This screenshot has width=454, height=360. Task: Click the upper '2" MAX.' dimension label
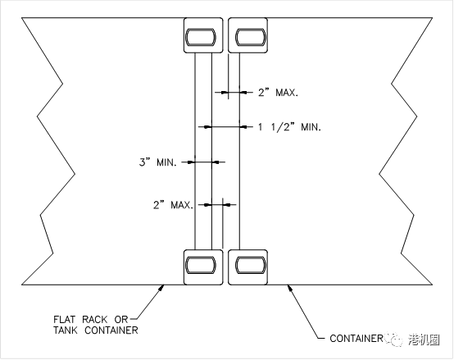(278, 93)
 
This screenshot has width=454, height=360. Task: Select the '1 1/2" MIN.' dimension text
(289, 127)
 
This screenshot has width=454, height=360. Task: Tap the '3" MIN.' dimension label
(158, 162)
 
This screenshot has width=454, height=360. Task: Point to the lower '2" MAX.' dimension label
(173, 205)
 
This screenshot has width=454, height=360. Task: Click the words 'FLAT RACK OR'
(91, 320)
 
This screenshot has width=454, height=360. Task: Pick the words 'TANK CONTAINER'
(96, 330)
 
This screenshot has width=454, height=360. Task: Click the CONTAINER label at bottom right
(356, 339)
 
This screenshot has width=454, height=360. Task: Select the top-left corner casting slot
(201, 37)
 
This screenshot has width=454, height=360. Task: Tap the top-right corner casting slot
(251, 37)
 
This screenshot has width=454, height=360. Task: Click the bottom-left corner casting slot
(201, 265)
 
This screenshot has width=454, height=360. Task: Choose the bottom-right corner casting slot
(251, 265)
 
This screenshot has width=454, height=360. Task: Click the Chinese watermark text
(424, 339)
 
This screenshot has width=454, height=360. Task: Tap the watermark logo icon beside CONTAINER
(393, 339)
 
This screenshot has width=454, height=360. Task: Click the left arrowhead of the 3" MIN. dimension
(190, 162)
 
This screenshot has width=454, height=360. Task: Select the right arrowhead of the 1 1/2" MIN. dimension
(243, 127)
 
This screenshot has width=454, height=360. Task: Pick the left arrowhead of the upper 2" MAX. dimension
(224, 93)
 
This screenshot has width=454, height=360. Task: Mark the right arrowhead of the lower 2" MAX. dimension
(227, 205)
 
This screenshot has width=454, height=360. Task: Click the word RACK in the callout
(95, 320)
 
